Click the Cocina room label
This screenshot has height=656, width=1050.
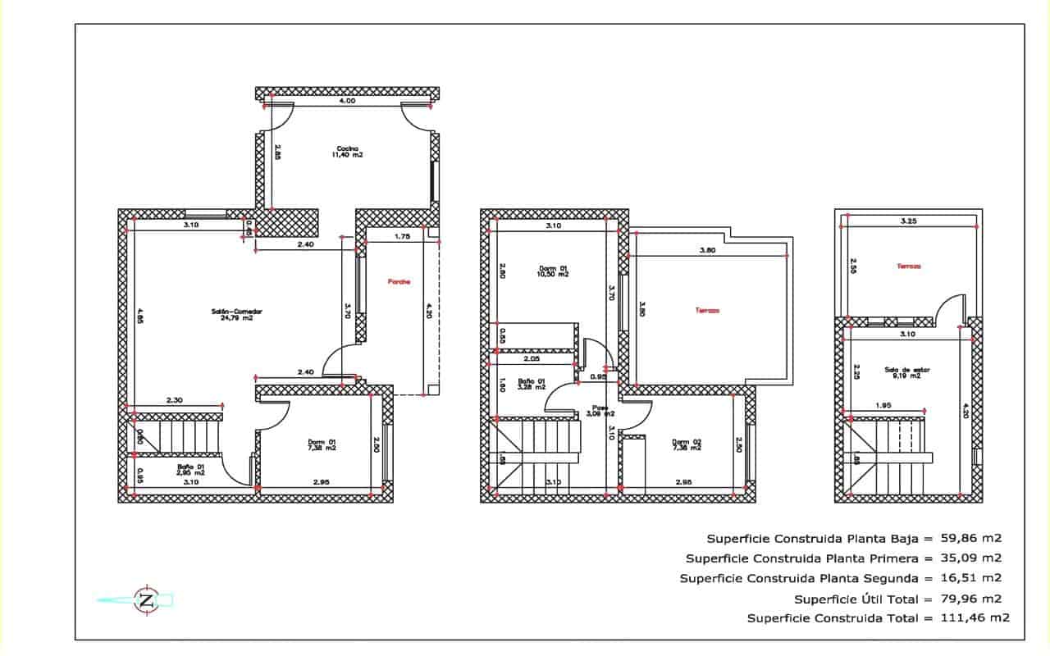click(347, 152)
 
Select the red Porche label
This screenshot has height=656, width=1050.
click(399, 282)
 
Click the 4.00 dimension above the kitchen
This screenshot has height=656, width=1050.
click(347, 101)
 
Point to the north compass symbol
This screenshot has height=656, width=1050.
click(147, 599)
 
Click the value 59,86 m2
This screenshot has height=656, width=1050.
click(971, 539)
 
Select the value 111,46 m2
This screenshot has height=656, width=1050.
click(975, 618)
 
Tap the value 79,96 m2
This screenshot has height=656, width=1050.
click(971, 599)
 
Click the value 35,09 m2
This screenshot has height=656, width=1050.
click(971, 558)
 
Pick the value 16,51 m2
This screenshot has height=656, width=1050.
click(971, 578)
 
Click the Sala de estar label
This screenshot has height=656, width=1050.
click(902, 372)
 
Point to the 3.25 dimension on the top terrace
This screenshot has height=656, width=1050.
click(908, 221)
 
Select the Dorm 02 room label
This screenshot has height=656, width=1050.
click(686, 444)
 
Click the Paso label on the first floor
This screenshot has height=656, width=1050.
click(601, 410)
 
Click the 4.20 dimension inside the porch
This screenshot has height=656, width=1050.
click(427, 312)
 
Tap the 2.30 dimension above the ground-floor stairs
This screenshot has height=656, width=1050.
click(174, 399)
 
